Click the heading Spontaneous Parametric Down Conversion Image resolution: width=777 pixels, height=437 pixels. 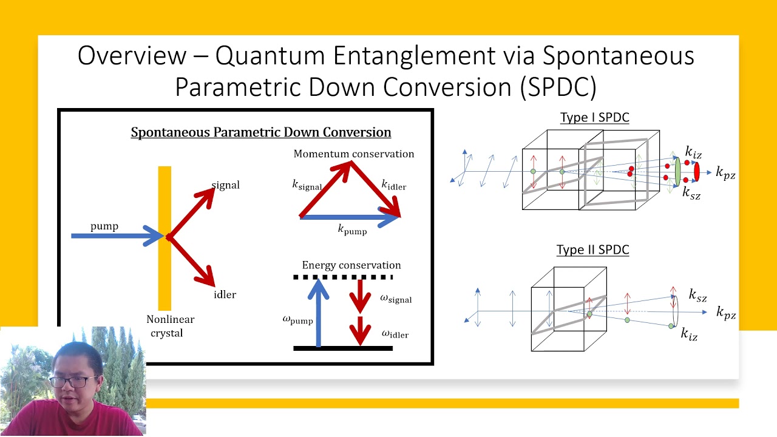coord(261,132)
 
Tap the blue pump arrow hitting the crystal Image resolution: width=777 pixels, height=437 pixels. coord(115,235)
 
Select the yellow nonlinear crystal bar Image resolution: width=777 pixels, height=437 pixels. coord(165,273)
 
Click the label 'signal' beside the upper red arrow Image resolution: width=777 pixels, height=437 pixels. coord(226,185)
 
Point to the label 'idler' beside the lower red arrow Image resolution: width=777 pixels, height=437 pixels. coord(225,294)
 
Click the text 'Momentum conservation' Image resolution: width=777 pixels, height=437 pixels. coord(354,154)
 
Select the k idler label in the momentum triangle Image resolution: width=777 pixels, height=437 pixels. coord(393,185)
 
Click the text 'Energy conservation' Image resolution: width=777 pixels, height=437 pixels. coord(351,265)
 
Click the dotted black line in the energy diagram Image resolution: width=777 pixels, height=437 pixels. coord(343,277)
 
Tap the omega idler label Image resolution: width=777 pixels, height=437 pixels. coord(395,334)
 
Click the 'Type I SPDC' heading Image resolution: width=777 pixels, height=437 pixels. coord(594,118)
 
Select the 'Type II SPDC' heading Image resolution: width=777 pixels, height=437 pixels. coord(592,250)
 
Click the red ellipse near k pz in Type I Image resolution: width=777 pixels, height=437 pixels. coord(696,172)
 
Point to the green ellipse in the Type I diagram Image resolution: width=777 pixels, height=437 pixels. coord(677,172)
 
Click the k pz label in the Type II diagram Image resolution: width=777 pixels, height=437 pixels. coord(725,313)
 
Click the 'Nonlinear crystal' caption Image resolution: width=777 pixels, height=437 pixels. coord(170,326)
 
